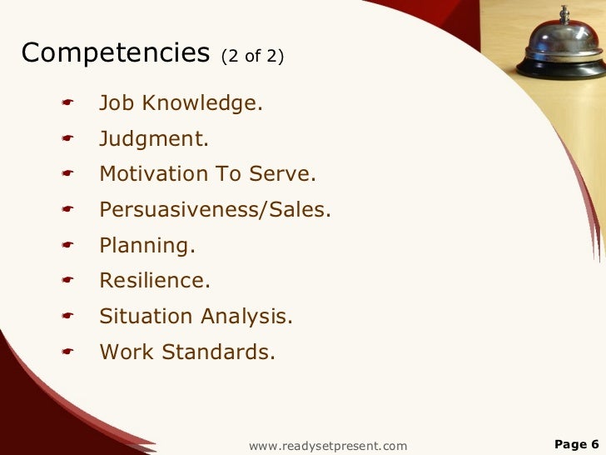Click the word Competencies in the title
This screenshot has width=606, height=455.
(115, 53)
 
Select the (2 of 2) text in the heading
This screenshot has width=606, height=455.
(252, 56)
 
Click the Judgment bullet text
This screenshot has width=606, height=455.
(154, 139)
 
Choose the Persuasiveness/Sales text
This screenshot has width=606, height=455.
(215, 210)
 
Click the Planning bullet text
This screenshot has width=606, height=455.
(147, 246)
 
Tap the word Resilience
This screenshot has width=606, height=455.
(155, 281)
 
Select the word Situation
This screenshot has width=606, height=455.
(146, 317)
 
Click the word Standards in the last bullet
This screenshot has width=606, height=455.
(218, 352)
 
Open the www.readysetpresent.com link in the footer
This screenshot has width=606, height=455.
(328, 446)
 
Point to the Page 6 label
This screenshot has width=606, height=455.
(576, 444)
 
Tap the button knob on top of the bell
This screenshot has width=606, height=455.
(564, 11)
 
